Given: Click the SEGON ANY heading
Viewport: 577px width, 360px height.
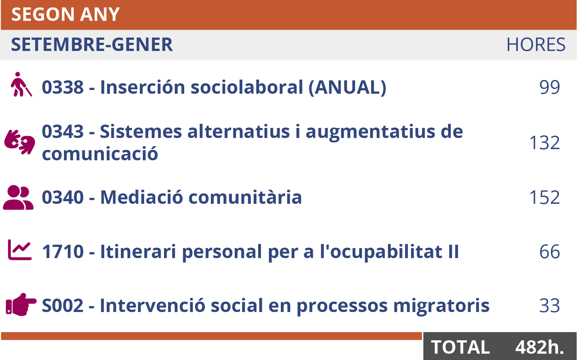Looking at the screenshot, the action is tap(65, 15).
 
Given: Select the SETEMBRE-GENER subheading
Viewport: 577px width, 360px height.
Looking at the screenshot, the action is tap(92, 45).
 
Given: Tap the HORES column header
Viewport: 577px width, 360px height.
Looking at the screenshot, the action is tap(536, 45).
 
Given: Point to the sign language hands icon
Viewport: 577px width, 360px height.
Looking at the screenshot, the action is tap(20, 142).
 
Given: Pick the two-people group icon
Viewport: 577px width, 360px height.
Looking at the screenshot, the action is tap(18, 197).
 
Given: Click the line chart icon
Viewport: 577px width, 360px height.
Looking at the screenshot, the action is tap(20, 250).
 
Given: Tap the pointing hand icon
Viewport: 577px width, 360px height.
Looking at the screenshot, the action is tap(21, 304).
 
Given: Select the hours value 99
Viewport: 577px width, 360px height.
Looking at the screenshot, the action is tap(550, 87).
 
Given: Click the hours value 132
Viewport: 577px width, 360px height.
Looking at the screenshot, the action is tap(545, 143).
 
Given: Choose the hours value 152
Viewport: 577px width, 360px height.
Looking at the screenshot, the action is tap(545, 197).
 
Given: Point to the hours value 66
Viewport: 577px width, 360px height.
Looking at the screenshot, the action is tap(550, 251).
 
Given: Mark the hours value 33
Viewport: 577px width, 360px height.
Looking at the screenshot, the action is tap(550, 306).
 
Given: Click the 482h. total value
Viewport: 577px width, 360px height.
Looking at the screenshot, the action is tap(540, 347).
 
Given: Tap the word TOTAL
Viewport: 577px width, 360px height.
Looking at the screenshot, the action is tap(460, 347).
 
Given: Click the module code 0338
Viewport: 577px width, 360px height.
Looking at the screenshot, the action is tap(63, 87).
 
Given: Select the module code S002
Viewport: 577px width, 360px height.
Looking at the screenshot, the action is tap(63, 306).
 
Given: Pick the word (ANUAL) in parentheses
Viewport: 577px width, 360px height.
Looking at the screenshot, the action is tap(347, 87).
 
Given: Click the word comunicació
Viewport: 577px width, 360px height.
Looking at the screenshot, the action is tap(100, 154).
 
